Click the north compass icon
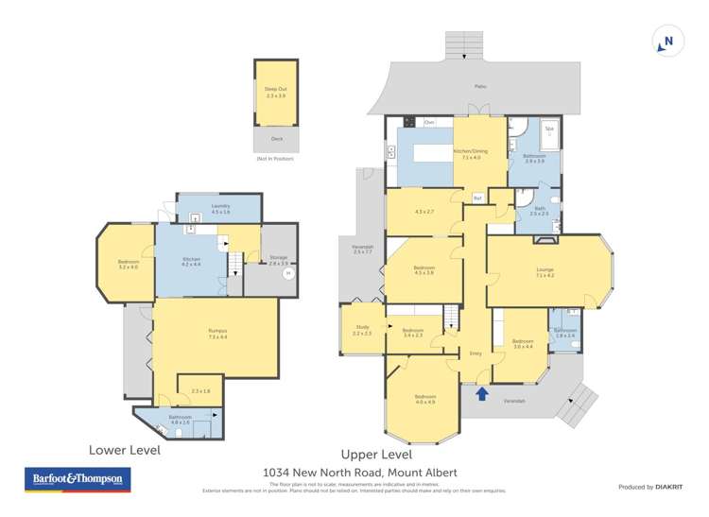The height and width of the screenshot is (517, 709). pos(666,42)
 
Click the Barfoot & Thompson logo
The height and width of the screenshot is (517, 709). pos(77,480)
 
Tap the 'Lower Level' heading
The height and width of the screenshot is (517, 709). pos(124,450)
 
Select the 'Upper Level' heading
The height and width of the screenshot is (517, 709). pos(375,454)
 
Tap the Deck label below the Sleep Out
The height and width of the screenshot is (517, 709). pos(276,139)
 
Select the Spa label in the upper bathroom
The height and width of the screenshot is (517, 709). pos(548,129)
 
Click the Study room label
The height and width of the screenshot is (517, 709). pos(361,327)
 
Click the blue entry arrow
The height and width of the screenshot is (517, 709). pos(482,393)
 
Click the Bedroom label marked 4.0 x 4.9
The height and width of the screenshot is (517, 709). pos(424,398)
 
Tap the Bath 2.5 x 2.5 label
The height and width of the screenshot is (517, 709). pos(539,211)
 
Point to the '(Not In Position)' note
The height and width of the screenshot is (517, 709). pos(275,159)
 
